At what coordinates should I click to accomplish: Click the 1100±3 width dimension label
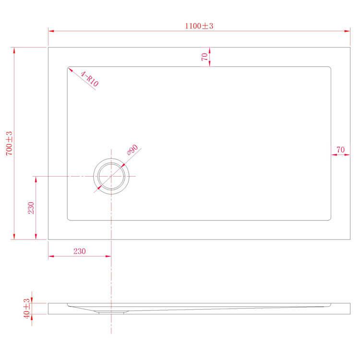[x=199, y=26]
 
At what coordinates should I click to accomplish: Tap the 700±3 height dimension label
[x=9, y=143]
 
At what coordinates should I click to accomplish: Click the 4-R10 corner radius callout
[x=90, y=79]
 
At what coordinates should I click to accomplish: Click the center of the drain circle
[x=111, y=176]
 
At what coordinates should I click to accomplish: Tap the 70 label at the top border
[x=205, y=57]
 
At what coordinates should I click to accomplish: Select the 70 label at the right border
[x=340, y=150]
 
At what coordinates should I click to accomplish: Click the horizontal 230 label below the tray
[x=79, y=251]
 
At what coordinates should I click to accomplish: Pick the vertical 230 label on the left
[x=31, y=207]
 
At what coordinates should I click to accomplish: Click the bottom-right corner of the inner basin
[x=330, y=220]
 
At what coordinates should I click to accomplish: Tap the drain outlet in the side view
[x=111, y=312]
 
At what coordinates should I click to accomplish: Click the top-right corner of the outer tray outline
[x=350, y=47]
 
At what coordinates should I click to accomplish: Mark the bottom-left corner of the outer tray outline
[x=48, y=239]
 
